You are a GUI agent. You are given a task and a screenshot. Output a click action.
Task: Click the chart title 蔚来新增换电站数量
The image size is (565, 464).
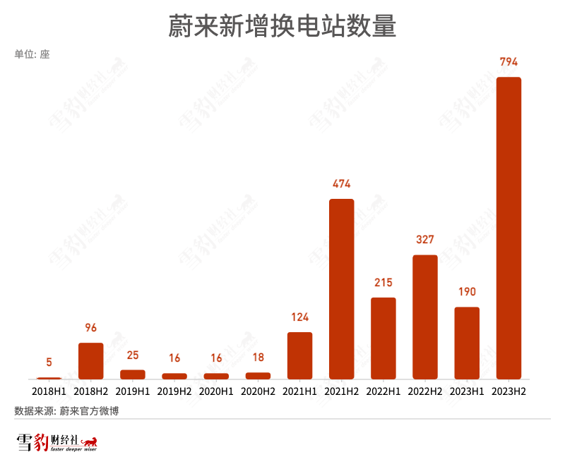[x=282, y=27]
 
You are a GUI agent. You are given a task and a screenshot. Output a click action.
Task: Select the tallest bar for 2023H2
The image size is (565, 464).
[x=509, y=228]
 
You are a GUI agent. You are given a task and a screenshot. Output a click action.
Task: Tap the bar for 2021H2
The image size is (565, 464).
[x=342, y=289]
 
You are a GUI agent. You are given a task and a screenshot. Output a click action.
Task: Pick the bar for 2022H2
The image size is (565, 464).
[x=425, y=317]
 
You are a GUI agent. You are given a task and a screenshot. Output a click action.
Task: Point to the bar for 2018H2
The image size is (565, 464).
[x=91, y=361]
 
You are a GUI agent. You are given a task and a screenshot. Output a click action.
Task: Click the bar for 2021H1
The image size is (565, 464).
[x=300, y=355]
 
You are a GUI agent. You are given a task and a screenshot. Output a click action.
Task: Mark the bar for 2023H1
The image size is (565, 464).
[x=467, y=343]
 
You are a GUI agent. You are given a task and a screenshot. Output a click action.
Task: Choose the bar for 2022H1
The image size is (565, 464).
[x=383, y=338]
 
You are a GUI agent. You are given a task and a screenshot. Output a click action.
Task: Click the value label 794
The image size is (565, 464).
[x=509, y=62]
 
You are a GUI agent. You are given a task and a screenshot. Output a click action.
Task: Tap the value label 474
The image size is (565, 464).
[x=342, y=184]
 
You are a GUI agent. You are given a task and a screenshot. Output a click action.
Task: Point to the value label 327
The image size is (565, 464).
[x=425, y=240]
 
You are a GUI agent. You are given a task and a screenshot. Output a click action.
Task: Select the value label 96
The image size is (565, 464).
[x=91, y=328]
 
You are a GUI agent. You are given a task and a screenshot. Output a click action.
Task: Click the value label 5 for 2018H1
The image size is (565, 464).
[x=49, y=362]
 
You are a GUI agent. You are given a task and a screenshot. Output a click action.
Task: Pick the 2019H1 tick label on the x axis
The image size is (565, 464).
[x=133, y=390]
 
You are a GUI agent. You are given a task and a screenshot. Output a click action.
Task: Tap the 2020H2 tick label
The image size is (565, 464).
[x=258, y=390]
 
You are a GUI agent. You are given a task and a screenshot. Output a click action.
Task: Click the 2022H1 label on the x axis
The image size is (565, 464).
[x=383, y=390]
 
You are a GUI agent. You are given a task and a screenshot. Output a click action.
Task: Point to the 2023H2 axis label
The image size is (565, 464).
[x=509, y=390]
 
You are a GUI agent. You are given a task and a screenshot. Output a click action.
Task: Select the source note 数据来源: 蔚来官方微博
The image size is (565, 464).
[x=66, y=410]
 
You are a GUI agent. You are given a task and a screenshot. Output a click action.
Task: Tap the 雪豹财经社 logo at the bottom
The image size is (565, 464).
[x=56, y=443]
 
